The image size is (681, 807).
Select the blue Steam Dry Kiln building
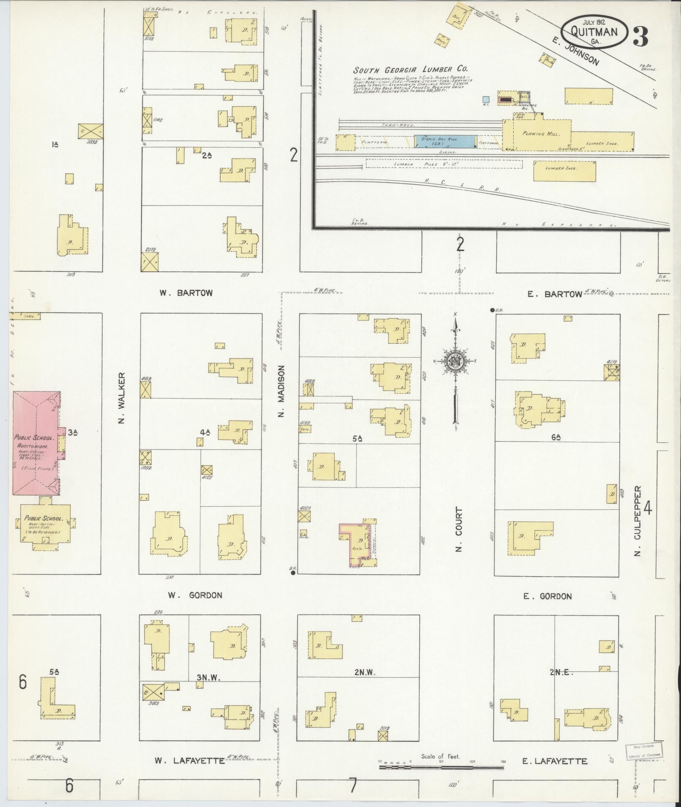445,141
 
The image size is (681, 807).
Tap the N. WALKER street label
122,398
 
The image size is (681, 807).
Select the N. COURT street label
459,529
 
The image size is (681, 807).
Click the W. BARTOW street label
186,293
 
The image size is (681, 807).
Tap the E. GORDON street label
547,596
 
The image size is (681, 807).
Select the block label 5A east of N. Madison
358,439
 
